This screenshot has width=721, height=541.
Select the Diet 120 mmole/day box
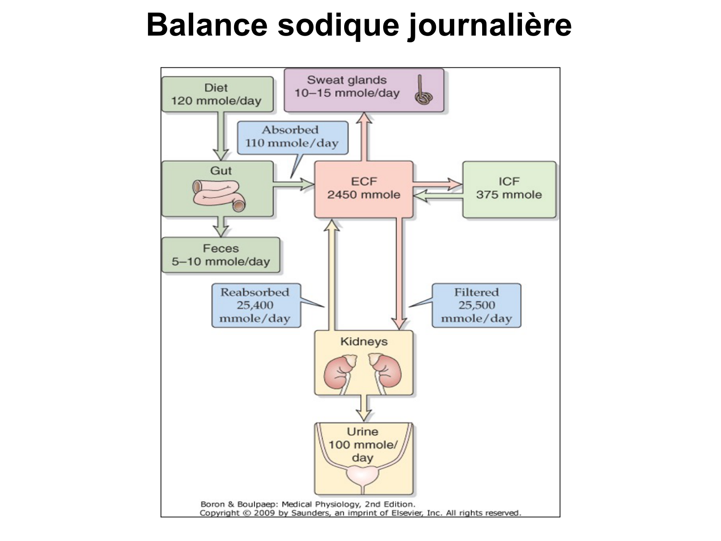[x=217, y=94]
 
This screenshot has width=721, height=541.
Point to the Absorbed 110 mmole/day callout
[x=292, y=137]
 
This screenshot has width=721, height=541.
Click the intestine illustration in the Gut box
[x=219, y=195]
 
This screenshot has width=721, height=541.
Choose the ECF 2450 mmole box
[x=364, y=189]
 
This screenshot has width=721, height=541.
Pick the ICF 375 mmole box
[x=509, y=189]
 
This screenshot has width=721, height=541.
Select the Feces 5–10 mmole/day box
[x=221, y=255]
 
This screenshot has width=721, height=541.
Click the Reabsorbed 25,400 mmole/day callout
[x=255, y=305]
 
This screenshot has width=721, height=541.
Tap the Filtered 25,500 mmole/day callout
[x=476, y=305]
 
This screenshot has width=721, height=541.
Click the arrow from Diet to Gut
[x=221, y=136]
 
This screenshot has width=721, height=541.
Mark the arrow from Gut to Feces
[x=221, y=226]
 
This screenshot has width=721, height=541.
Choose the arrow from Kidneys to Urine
[x=364, y=408]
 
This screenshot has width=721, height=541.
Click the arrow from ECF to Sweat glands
[x=364, y=137]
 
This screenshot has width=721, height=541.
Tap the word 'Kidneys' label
[x=364, y=342]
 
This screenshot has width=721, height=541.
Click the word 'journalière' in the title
[x=490, y=25]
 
